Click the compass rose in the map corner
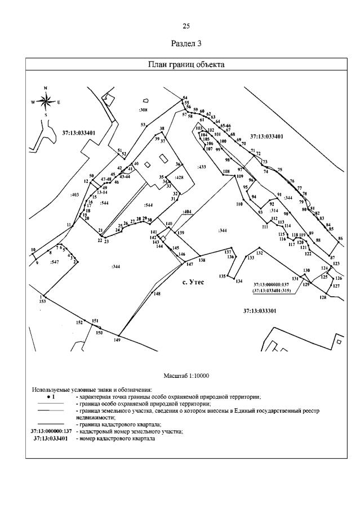(46, 101)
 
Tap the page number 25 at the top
(186, 26)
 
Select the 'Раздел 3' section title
(186, 43)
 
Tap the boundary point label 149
(117, 340)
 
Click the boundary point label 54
(184, 97)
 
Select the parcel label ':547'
(55, 262)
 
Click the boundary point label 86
(340, 239)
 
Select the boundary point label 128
(323, 297)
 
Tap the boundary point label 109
(239, 177)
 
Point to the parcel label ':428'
(179, 177)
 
